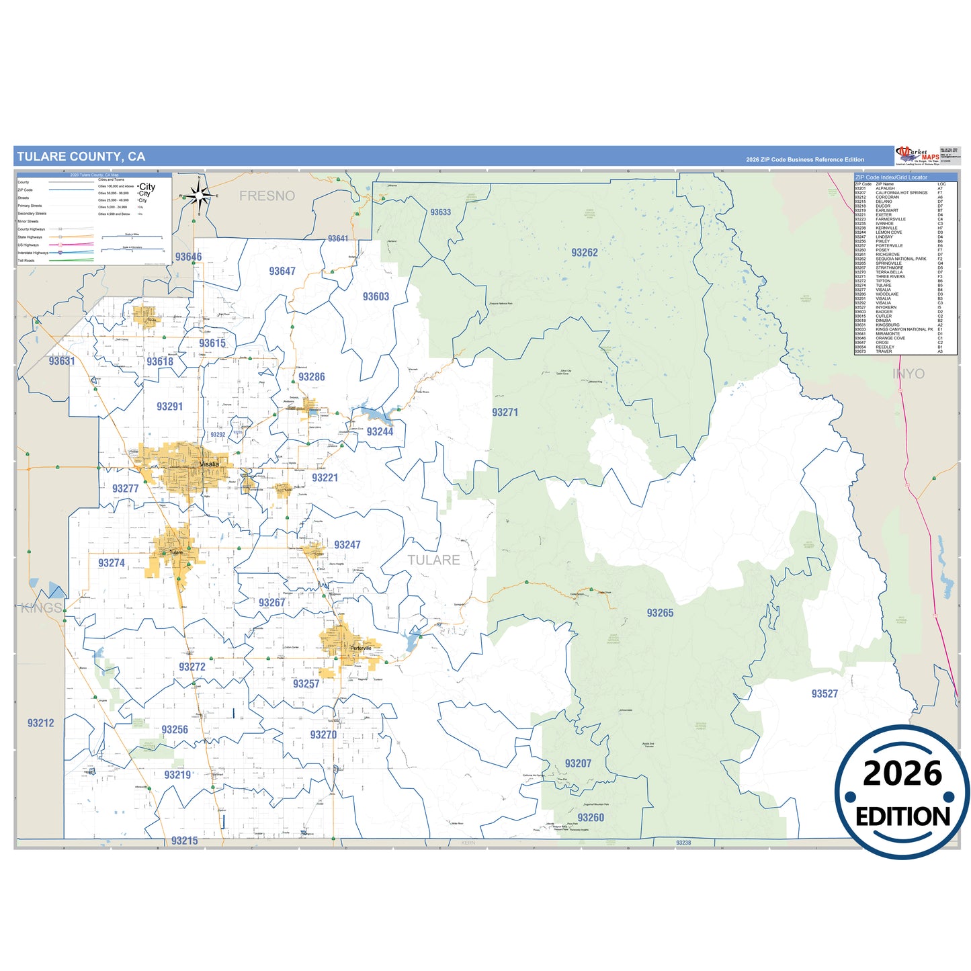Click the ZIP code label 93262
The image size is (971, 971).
(x=584, y=253)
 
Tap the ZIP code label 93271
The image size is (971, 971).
(x=505, y=413)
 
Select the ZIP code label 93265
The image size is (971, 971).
(x=660, y=613)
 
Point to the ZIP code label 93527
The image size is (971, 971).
(x=825, y=693)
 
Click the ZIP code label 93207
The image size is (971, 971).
(x=578, y=763)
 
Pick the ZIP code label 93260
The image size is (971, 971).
(x=591, y=818)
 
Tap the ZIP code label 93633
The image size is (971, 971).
(x=441, y=212)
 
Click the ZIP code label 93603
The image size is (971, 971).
(x=376, y=296)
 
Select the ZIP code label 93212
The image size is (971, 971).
(x=40, y=723)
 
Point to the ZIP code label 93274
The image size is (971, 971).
(x=112, y=563)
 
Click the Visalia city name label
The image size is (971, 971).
(x=209, y=464)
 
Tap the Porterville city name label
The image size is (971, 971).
(x=361, y=648)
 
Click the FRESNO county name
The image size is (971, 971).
(x=267, y=196)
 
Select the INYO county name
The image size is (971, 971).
(x=909, y=374)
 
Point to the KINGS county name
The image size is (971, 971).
(x=42, y=608)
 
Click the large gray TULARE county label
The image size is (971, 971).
(x=433, y=560)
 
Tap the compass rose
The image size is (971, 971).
(x=199, y=196)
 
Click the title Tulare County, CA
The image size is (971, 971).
(x=81, y=157)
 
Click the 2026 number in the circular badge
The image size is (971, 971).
(x=902, y=774)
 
